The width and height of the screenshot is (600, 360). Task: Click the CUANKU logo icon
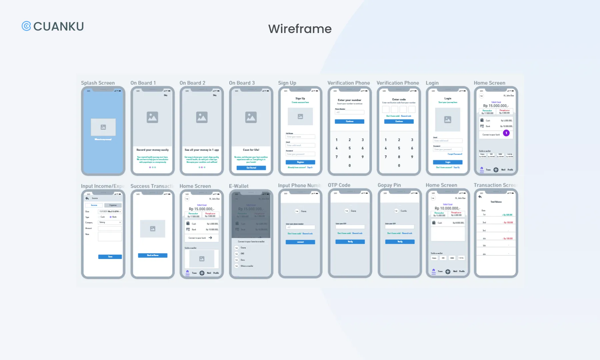[x=26, y=26]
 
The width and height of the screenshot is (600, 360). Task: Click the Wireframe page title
[x=300, y=29]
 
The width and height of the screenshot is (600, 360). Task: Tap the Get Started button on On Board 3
[x=251, y=168]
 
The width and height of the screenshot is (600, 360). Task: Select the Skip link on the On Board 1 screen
[x=166, y=95]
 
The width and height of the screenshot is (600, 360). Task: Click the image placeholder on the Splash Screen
[x=103, y=127]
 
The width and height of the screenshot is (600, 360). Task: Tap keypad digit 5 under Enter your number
[x=350, y=148]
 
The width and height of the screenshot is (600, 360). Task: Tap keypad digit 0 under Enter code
[x=399, y=166]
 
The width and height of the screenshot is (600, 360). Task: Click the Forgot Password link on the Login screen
[x=455, y=154]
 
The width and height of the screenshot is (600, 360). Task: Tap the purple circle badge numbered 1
[x=506, y=133]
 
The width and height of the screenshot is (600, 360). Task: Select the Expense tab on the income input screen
[x=113, y=205]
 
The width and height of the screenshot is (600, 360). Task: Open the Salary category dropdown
[x=110, y=222]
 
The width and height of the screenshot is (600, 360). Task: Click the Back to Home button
[x=153, y=255]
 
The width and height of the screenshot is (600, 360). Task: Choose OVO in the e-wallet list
[x=242, y=254]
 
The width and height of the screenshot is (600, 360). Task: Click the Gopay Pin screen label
[x=389, y=185]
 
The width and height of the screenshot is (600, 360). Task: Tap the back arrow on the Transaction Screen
[x=480, y=197]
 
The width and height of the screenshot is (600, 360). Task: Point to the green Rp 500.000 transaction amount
[x=508, y=215]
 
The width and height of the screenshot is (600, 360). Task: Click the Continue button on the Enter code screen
[x=399, y=121]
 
